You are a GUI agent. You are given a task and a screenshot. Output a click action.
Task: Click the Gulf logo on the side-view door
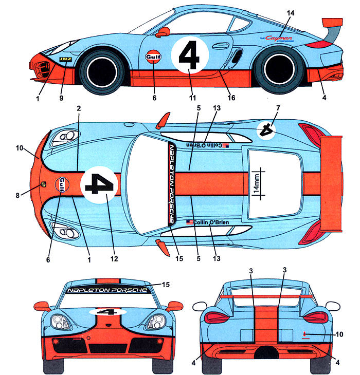click(153, 55)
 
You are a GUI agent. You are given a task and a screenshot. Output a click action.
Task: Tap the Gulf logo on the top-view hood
click(63, 184)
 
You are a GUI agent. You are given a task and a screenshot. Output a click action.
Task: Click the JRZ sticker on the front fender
click(65, 60)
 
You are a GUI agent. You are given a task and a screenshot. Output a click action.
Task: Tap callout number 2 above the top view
click(79, 109)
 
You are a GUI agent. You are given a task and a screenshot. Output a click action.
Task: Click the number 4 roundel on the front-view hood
click(107, 311)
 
